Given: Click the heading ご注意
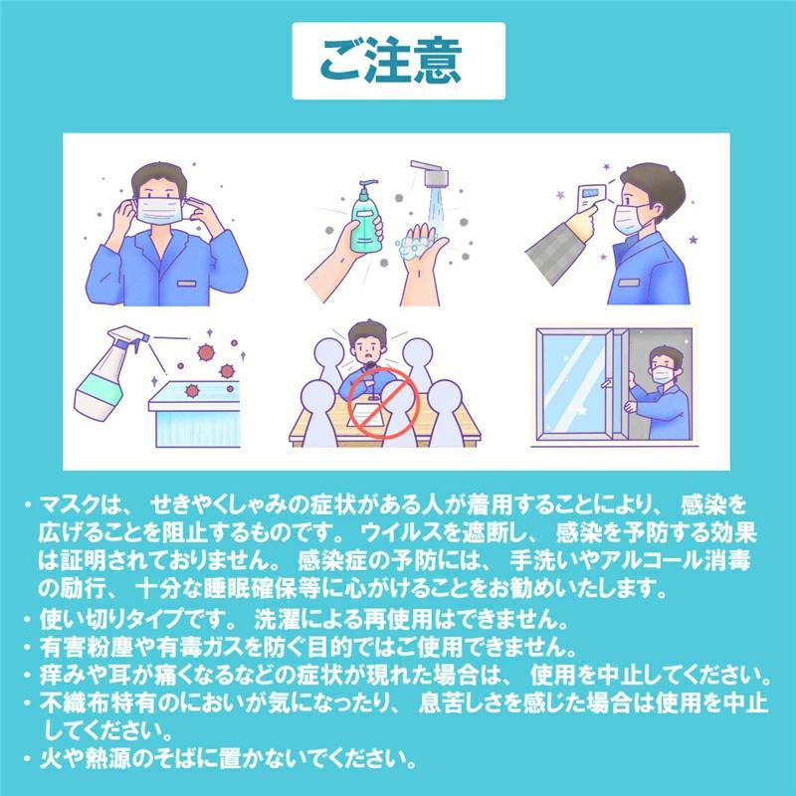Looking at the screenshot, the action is pos(391,61).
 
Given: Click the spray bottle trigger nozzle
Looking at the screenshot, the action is pos(128,336).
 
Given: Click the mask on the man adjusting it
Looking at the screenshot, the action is pos(159,210).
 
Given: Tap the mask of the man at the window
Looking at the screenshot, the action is pos(662,375).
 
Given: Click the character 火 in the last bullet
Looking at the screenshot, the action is pos(51,758).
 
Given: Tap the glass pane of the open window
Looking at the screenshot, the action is pos(575,384).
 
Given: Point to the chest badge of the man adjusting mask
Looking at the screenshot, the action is pos(186,283).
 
